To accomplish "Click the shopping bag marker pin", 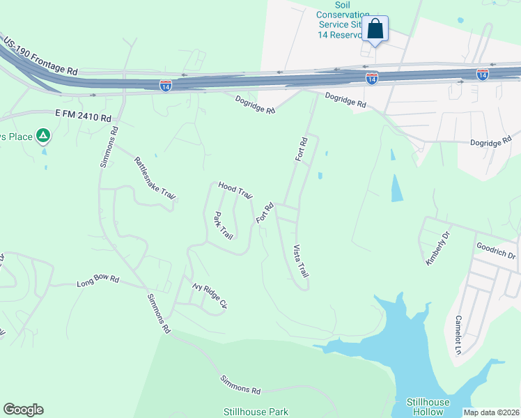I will point(375,29).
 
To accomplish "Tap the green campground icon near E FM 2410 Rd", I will point(42,135).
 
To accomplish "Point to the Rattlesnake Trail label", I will point(154,178).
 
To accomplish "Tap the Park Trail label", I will point(223,225).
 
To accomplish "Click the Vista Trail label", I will point(300,261).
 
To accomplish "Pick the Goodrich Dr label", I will point(495,250).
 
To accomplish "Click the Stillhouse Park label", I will point(256,412).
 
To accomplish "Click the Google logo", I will point(23,410).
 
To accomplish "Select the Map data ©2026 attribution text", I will point(492,412).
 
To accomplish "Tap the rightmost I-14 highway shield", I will point(482,73).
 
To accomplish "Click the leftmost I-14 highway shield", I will point(165,84).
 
